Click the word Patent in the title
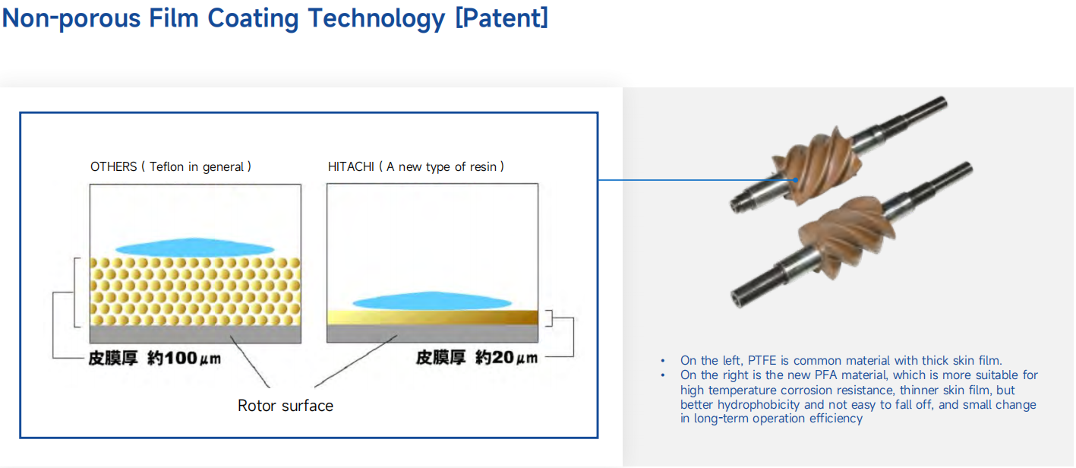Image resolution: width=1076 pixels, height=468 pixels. pos(501,18)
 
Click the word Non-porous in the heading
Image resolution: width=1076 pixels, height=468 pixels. pos(71,19)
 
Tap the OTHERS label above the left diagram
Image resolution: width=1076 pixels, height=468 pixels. pos(113,166)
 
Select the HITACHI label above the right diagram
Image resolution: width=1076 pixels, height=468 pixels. pos(351,166)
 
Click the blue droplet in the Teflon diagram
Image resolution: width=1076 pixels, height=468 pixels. pos(194,247)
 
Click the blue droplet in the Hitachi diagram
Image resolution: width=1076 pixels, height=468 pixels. pos(432,301)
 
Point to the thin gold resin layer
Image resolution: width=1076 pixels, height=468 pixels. pos(432,317)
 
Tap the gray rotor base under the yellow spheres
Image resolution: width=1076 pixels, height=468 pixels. pos(195,334)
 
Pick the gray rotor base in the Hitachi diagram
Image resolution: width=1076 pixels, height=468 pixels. pos(432,333)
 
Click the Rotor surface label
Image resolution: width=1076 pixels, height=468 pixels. pos(286,406)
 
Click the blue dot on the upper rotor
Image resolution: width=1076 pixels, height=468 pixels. pos(796,180)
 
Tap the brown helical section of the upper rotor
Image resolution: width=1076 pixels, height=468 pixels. pos(816,164)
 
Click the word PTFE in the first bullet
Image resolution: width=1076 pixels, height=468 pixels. pos(762,360)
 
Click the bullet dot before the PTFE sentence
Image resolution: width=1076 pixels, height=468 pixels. pos(663,360)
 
